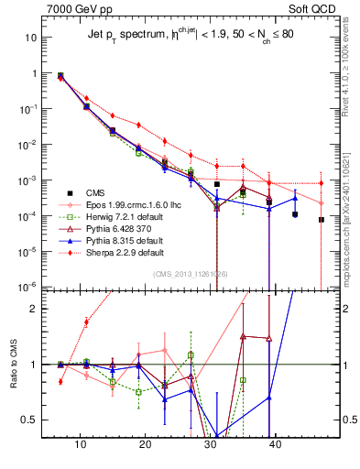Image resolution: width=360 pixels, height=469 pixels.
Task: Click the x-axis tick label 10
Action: click(x=81, y=443)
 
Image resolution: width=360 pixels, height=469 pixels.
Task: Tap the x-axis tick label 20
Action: click(x=146, y=443)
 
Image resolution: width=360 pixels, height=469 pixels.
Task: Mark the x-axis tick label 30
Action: click(x=211, y=443)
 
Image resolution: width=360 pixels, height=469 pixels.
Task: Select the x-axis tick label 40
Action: click(x=276, y=443)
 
